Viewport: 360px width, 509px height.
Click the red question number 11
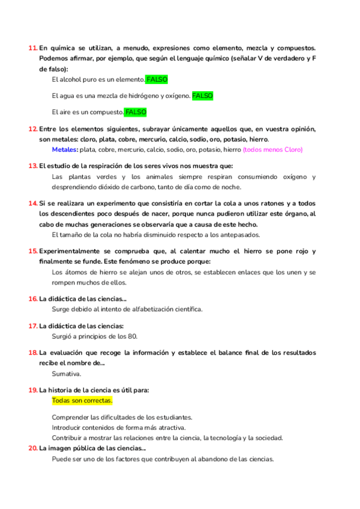pos(32,47)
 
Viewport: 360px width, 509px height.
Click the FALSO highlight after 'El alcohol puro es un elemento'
pos(157,79)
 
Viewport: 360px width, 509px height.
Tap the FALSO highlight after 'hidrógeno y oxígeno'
pos(202,95)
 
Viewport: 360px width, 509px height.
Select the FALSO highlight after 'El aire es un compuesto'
pos(136,112)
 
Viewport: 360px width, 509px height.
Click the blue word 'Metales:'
pos(65,149)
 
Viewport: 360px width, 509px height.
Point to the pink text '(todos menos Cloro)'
pos(273,149)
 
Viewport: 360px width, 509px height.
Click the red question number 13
pos(33,166)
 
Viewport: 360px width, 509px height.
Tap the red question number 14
pos(33,203)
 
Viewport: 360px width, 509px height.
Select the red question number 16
pos(33,298)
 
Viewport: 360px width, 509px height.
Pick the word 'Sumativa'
pos(66,373)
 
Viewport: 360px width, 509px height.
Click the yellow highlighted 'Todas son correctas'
pos(82,400)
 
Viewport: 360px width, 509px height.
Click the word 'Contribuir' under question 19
pos(70,438)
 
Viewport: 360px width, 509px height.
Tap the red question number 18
pos(33,352)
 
